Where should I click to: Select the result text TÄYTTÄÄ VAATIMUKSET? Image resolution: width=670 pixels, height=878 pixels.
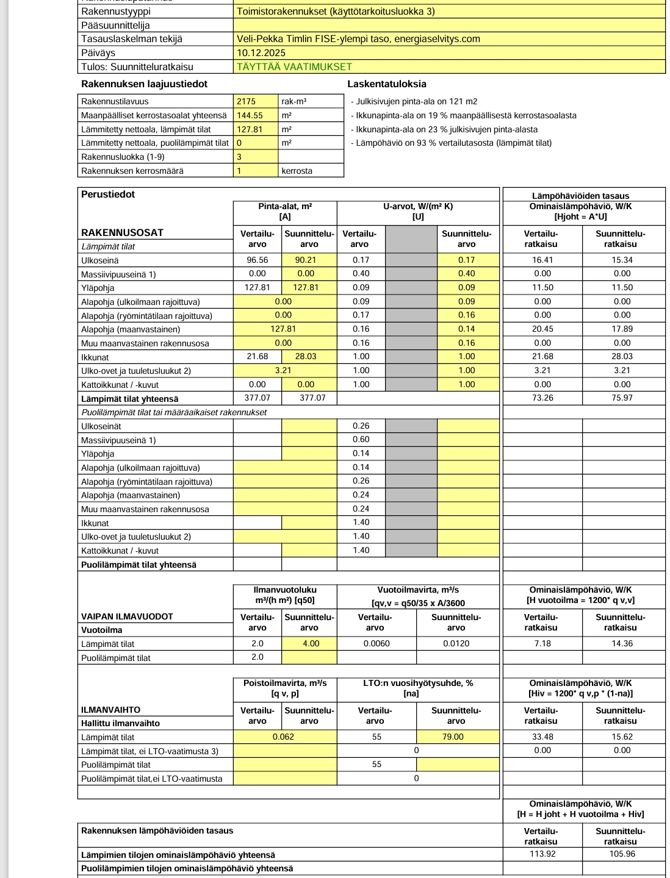294,67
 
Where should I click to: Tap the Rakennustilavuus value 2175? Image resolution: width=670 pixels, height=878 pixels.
247,102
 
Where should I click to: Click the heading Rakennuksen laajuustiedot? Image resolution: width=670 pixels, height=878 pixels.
144,84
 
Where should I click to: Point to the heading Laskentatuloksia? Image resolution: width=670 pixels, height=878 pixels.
387,84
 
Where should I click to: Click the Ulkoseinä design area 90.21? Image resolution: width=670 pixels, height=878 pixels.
306,260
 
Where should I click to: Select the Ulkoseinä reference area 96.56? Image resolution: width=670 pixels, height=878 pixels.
258,260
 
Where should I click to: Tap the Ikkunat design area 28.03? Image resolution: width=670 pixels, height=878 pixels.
306,357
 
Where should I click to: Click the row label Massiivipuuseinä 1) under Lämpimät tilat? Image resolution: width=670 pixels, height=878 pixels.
118,274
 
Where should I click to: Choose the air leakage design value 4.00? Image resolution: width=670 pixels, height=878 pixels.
311,644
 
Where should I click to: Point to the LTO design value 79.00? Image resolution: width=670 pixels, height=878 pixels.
453,737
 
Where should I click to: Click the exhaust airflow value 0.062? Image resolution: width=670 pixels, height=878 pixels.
283,737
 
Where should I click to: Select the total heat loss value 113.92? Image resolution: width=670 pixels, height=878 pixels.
542,854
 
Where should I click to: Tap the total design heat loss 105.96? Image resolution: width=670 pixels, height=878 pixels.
622,854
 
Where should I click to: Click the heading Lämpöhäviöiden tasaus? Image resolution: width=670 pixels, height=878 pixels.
580,196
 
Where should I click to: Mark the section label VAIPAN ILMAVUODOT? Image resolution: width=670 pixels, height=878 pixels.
127,616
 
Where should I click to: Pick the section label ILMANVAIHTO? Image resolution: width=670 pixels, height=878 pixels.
110,710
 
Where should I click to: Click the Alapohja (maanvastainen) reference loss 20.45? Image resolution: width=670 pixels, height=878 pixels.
542,329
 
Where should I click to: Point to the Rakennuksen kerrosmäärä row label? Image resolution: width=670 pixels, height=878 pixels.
132,171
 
